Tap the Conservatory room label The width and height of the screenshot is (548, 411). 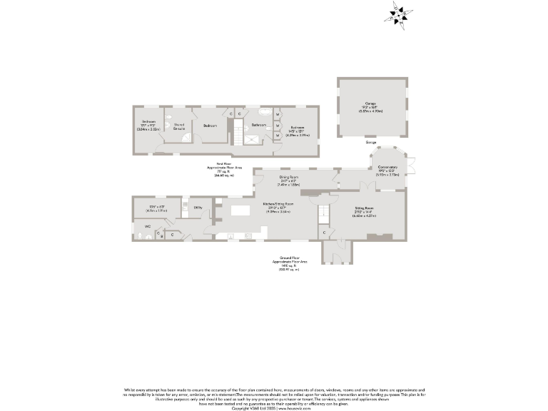[388, 168]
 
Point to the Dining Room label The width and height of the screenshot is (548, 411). [288, 176]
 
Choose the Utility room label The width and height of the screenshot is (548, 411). [198, 208]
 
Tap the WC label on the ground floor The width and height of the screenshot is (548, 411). [148, 227]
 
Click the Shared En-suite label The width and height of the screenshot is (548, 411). [179, 126]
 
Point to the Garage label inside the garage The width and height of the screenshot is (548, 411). [371, 104]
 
